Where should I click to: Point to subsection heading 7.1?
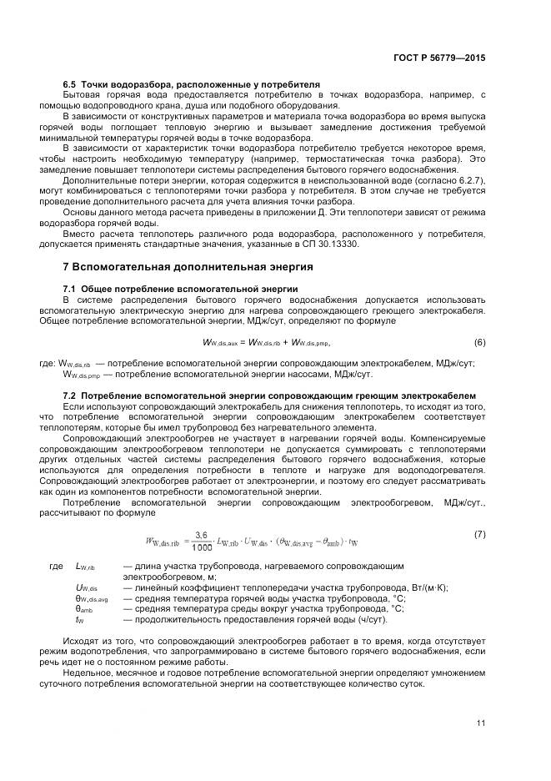point(180,288)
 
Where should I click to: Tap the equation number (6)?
point(479,342)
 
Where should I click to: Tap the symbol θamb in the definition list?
point(83,609)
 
